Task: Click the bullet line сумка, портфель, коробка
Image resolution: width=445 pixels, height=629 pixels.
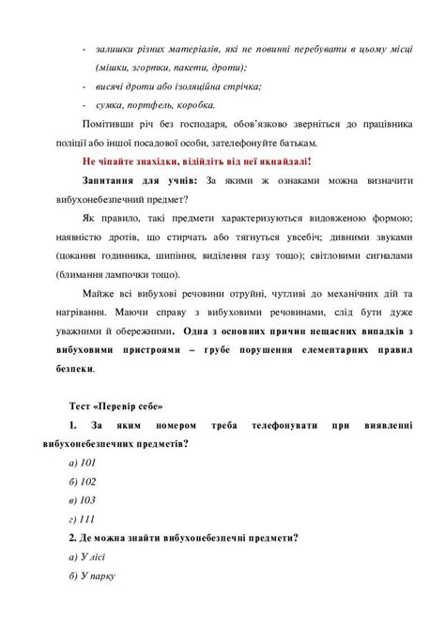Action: (156, 105)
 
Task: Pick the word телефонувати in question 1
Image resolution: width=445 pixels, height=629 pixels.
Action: (282, 425)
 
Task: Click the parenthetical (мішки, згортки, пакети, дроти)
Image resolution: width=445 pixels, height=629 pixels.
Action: (171, 68)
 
